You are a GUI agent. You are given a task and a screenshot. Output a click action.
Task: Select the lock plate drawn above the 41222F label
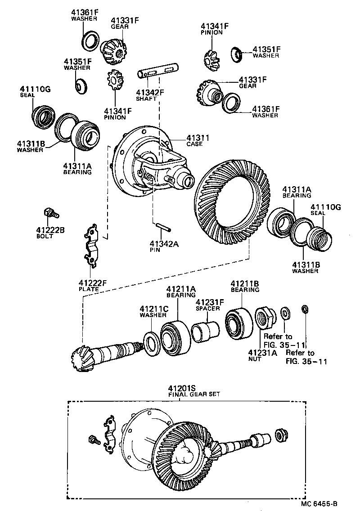93,247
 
